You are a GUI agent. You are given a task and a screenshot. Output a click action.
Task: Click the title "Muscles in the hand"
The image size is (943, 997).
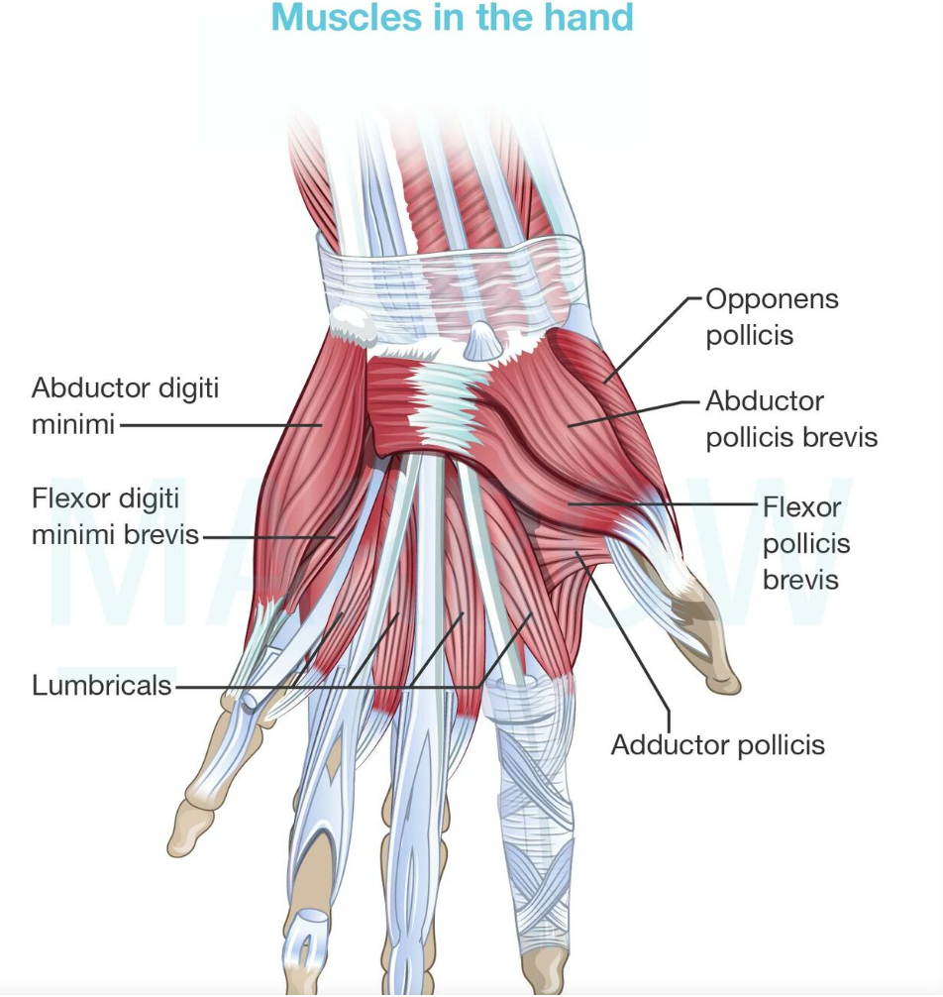tap(452, 17)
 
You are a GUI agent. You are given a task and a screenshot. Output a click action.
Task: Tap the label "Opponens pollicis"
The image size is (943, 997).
tap(772, 317)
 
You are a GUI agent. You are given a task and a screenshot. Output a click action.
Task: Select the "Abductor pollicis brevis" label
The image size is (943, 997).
tap(791, 419)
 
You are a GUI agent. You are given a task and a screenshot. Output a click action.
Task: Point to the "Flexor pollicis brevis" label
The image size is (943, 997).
tap(805, 544)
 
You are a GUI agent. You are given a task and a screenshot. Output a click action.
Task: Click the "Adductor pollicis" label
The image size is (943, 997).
tap(717, 744)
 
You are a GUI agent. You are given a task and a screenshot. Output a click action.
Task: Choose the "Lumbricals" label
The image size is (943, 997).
tap(102, 686)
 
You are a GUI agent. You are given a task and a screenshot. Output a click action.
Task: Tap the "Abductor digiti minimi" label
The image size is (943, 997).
tap(125, 405)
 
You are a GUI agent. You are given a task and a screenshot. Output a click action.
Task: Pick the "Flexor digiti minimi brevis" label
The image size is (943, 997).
tap(115, 516)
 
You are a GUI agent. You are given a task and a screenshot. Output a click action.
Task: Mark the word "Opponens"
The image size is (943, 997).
tap(772, 299)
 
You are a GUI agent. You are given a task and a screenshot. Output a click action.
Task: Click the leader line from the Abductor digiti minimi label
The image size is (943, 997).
tap(221, 425)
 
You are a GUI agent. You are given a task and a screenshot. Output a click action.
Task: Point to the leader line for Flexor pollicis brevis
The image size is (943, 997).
tap(663, 503)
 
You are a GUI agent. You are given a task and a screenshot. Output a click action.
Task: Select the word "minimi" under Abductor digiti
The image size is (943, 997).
tap(73, 423)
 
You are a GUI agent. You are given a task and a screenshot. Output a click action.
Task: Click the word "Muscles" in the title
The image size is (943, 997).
tap(347, 17)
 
